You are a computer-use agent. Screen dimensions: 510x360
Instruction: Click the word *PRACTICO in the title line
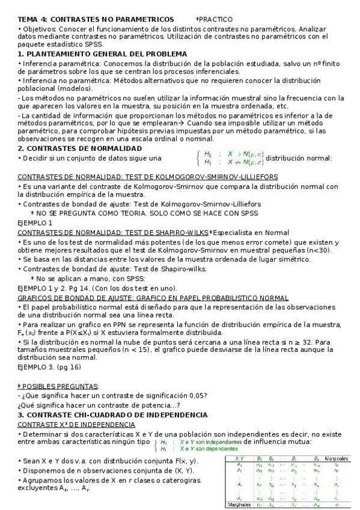point(215,20)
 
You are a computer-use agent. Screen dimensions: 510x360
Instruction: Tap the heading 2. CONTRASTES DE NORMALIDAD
point(79,149)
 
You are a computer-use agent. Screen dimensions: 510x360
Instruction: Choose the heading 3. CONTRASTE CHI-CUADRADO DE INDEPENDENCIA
point(112,415)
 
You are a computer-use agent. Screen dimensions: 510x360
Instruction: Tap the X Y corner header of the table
point(239,458)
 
